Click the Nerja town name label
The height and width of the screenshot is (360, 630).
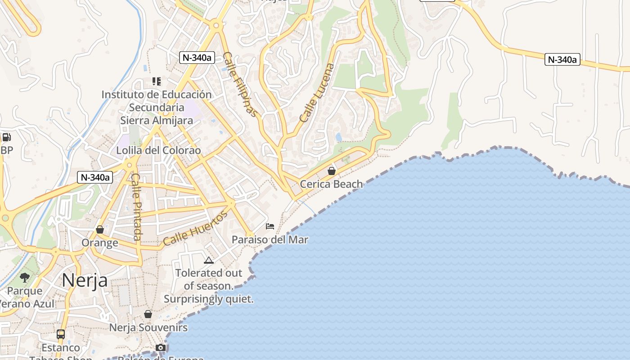click(x=85, y=280)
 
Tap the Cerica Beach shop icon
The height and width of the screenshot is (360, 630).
click(x=332, y=171)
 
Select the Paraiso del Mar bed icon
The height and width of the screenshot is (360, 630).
click(x=270, y=226)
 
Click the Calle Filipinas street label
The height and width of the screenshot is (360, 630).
click(x=241, y=85)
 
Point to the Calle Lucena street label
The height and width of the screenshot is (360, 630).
click(x=318, y=93)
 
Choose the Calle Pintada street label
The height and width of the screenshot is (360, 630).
click(x=136, y=207)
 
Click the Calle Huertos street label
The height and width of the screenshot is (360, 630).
click(x=195, y=229)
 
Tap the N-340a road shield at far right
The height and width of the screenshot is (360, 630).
click(x=562, y=59)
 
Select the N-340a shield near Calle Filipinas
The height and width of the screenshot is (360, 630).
click(x=197, y=57)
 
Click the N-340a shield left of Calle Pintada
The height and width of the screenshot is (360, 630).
click(x=94, y=177)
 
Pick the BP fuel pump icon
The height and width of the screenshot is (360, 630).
click(x=6, y=137)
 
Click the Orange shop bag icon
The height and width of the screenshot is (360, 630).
click(x=100, y=229)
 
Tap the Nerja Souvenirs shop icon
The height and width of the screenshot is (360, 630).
click(x=148, y=314)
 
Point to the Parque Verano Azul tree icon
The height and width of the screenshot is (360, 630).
click(x=25, y=277)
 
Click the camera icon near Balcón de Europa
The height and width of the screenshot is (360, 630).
click(x=161, y=347)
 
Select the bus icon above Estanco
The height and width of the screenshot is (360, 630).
click(x=61, y=334)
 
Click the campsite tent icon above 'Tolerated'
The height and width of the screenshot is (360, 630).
click(x=208, y=260)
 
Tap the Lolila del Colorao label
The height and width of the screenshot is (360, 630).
click(x=158, y=150)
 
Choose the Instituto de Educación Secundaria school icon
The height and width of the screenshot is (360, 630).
click(x=156, y=81)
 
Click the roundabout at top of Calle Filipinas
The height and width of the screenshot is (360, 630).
click(x=216, y=26)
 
